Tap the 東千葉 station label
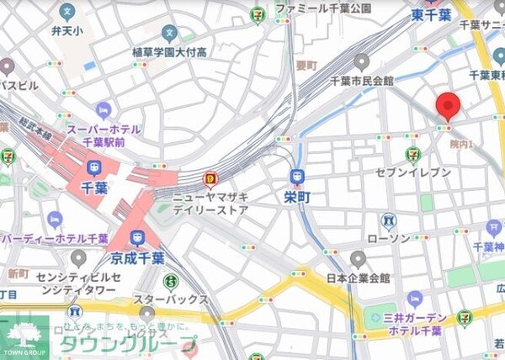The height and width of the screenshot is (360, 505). [x=433, y=15]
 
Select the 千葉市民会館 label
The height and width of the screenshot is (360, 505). [x=360, y=82]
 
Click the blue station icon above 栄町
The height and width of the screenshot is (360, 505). [x=296, y=176]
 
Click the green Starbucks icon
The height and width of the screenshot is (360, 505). [x=171, y=281]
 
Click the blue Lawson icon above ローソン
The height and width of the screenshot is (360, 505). [x=388, y=221]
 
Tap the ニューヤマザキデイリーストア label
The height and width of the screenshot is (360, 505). [x=210, y=203]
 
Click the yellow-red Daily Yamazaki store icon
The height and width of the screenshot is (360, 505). [x=210, y=178]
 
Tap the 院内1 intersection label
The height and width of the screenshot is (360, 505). [x=461, y=145]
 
